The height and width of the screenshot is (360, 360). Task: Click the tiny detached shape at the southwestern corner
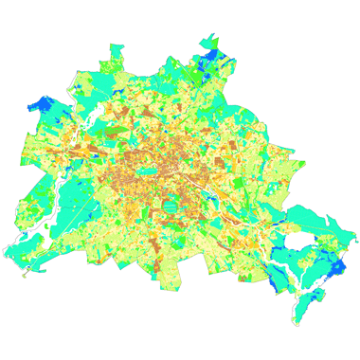point(26,276)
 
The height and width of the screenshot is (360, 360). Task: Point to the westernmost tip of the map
point(4,257)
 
